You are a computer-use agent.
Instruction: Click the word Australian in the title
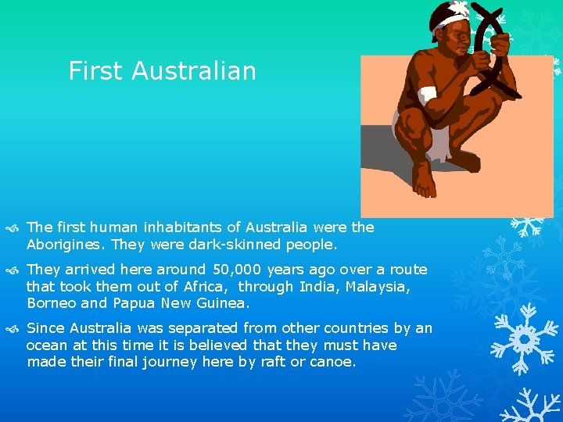(194, 71)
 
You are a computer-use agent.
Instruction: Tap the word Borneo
(51, 303)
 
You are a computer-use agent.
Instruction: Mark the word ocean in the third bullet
(48, 345)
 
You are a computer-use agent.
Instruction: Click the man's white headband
(449, 16)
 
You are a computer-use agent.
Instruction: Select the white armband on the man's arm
(427, 96)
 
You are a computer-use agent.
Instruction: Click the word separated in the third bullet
(190, 328)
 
